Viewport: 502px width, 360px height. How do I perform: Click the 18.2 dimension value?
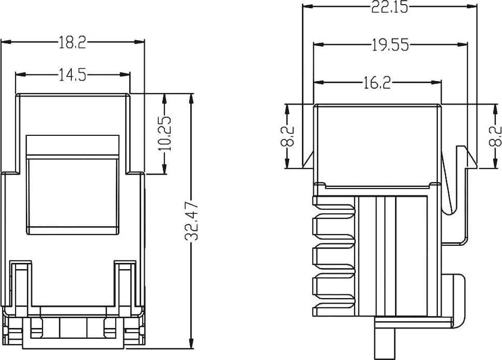coord(72,42)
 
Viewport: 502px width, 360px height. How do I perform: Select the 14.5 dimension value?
coord(73,75)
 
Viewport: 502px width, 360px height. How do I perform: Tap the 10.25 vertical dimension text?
coord(165,133)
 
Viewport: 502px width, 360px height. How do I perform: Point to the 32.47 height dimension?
coord(192,221)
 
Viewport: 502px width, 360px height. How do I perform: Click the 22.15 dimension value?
coord(390,7)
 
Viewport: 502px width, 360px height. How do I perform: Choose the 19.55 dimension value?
coord(390,45)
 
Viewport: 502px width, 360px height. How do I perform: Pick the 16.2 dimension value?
coord(377,83)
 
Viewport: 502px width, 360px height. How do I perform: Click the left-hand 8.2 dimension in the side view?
coord(287,136)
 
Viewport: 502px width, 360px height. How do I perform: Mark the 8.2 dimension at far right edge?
coord(495,136)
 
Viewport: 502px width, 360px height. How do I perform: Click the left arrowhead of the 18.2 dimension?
coord(6,42)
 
